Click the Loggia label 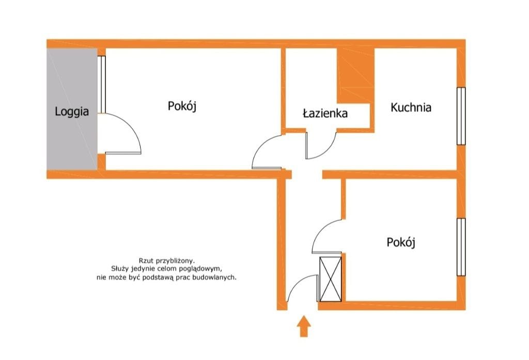point(72,112)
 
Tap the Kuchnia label point(411,107)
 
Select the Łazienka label point(325,113)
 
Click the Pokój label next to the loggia point(182,106)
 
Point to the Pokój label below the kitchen point(401,242)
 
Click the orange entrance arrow point(304,326)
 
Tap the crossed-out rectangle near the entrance point(330,279)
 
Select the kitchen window point(461,116)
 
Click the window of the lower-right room point(461,247)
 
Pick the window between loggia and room point(102,84)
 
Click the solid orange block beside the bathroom point(356,75)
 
